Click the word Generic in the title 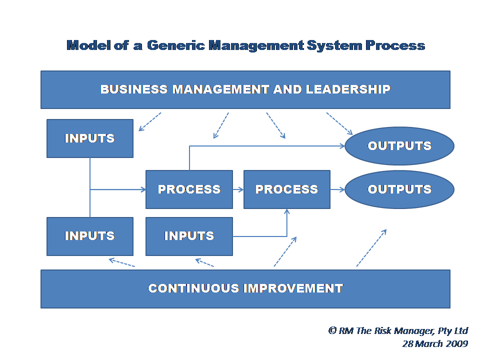click(x=176, y=45)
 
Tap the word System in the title click(x=334, y=45)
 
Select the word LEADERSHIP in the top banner click(x=348, y=89)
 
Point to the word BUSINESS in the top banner click(x=134, y=89)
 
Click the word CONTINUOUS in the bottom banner click(x=194, y=288)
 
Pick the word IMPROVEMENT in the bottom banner click(x=293, y=288)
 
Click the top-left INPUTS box click(x=90, y=138)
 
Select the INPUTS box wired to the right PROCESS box click(x=189, y=236)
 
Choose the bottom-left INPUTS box click(x=90, y=236)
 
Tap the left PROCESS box click(x=189, y=189)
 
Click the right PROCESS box click(x=287, y=189)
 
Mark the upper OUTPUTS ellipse click(x=399, y=146)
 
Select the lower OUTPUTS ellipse click(x=399, y=189)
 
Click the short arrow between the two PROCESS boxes click(x=238, y=190)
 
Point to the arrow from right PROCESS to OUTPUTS click(x=337, y=190)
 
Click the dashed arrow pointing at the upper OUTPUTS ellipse click(x=339, y=123)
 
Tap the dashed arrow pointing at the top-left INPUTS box click(x=149, y=122)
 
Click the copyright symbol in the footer click(x=332, y=330)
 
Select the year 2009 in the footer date click(x=456, y=344)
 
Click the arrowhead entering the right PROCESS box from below click(x=287, y=211)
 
